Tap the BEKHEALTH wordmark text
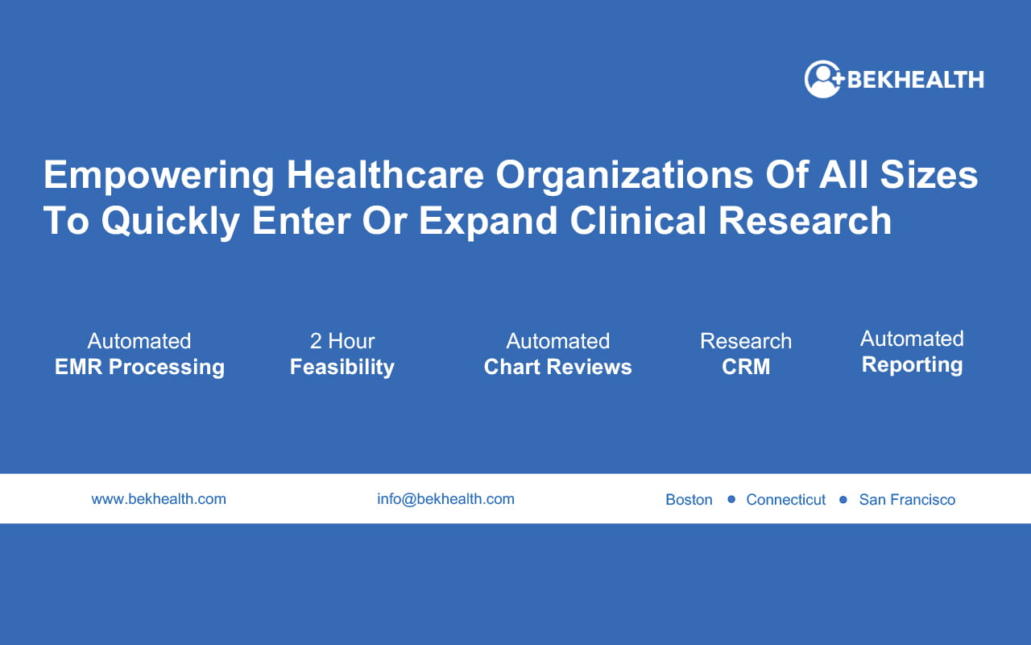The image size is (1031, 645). tap(916, 80)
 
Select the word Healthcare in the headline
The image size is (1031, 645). tap(385, 175)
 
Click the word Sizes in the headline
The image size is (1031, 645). tap(929, 175)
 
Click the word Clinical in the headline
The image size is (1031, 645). tap(638, 220)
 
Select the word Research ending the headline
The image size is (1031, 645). tap(805, 220)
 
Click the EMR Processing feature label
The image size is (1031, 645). tap(139, 368)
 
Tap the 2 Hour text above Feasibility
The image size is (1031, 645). tap(342, 341)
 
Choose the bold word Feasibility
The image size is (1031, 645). tap(342, 368)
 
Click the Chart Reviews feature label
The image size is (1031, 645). tap(557, 367)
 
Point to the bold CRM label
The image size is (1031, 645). tap(746, 367)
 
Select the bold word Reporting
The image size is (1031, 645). tap(912, 365)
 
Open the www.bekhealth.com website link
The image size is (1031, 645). tap(159, 499)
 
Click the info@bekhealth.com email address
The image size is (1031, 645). tap(445, 499)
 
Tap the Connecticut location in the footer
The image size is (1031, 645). tap(785, 499)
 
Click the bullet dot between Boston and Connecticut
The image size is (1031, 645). tap(731, 499)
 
